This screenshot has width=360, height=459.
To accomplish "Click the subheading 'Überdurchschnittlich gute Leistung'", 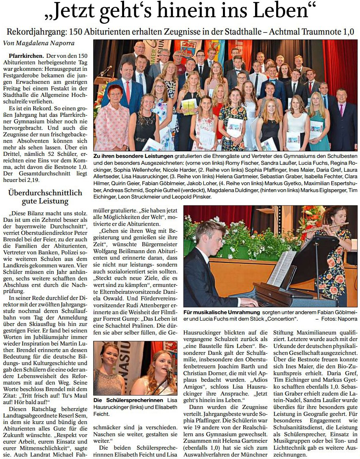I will (x=45, y=197).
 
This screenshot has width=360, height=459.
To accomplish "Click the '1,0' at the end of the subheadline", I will (x=347, y=32).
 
